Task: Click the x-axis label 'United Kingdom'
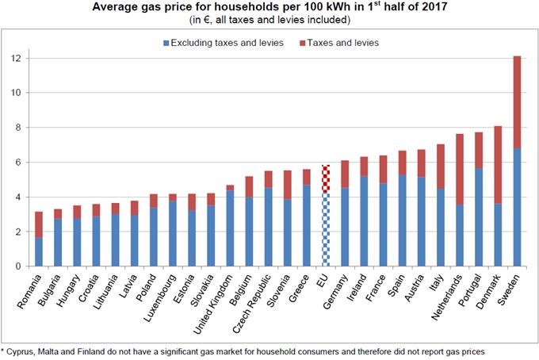click(218, 297)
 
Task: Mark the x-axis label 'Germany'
click(334, 288)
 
